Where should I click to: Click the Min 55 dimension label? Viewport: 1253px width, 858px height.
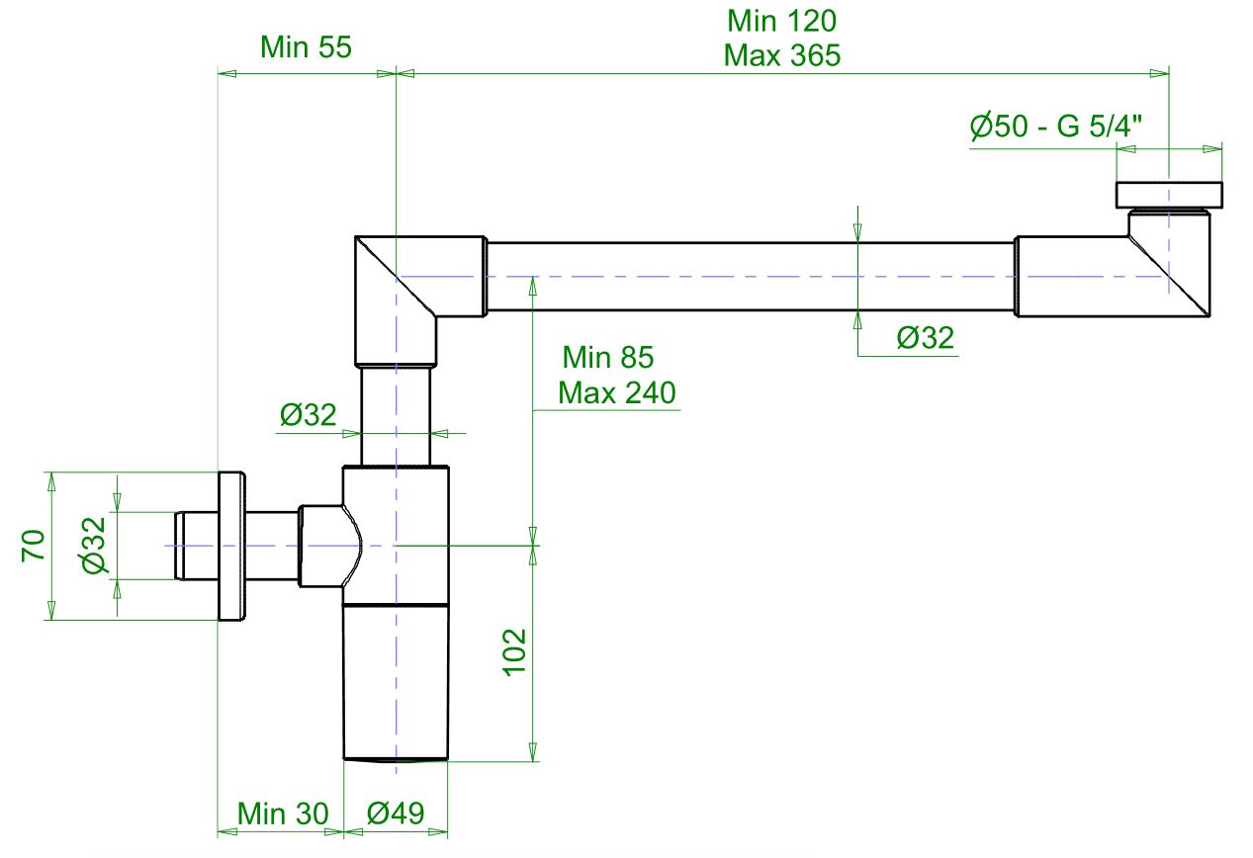(x=306, y=46)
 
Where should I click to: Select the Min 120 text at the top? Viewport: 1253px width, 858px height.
(x=781, y=20)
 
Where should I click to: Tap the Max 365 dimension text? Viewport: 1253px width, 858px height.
(x=781, y=55)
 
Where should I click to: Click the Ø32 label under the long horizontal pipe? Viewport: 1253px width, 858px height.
(x=925, y=338)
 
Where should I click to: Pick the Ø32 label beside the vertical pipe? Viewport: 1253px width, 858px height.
(x=308, y=414)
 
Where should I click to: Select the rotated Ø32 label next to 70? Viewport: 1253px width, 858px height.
(x=94, y=546)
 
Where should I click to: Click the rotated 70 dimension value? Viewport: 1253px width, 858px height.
(x=34, y=546)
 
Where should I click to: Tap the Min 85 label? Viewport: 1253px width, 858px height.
(x=607, y=357)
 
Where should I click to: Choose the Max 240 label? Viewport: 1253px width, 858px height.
(x=617, y=393)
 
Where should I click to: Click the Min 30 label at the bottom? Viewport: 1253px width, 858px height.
(x=281, y=815)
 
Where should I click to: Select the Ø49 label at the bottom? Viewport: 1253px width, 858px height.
(x=396, y=815)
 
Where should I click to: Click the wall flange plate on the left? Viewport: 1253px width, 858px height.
(x=231, y=547)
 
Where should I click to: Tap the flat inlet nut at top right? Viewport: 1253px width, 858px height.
(x=1169, y=195)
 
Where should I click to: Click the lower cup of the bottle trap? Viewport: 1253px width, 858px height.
(x=396, y=682)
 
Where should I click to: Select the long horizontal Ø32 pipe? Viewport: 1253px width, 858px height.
(x=752, y=277)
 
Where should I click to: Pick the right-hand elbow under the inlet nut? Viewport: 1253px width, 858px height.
(x=1167, y=272)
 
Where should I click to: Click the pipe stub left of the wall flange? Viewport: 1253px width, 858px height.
(x=195, y=546)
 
